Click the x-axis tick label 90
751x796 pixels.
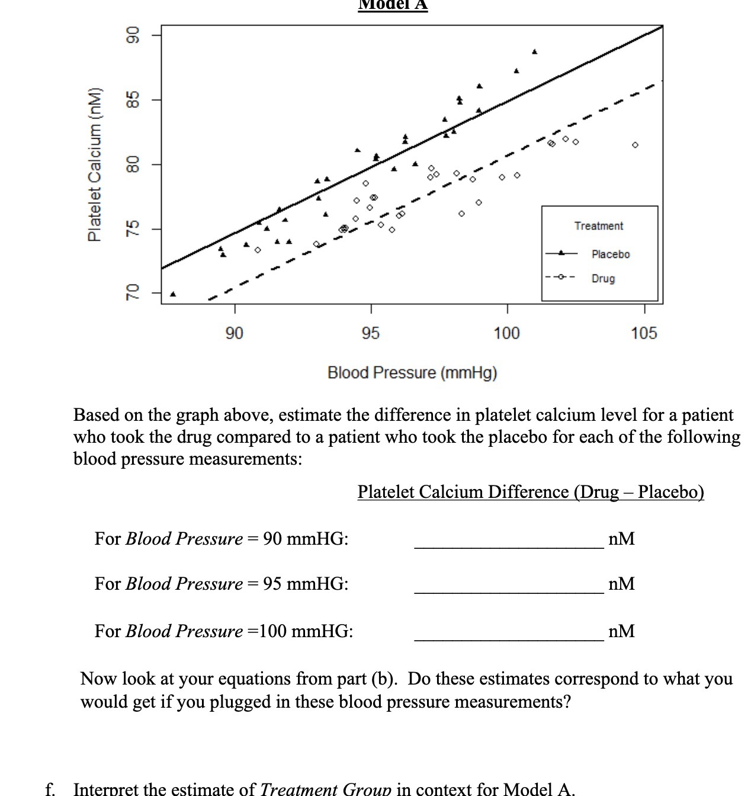pyautogui.click(x=235, y=333)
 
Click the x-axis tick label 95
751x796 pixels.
pyautogui.click(x=371, y=333)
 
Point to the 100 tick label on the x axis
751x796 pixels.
pyautogui.click(x=506, y=333)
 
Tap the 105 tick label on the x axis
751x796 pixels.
pyautogui.click(x=644, y=333)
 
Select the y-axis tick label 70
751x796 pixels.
pyautogui.click(x=134, y=292)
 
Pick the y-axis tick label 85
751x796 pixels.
pyautogui.click(x=134, y=99)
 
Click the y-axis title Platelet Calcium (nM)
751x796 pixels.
pyautogui.click(x=94, y=164)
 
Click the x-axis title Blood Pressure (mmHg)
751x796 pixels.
pyautogui.click(x=412, y=373)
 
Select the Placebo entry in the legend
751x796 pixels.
pyautogui.click(x=610, y=254)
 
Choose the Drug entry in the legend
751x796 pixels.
pyautogui.click(x=603, y=278)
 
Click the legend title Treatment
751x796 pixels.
pyautogui.click(x=598, y=226)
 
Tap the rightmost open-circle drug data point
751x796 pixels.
pyautogui.click(x=635, y=145)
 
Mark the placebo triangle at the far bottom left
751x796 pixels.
pyautogui.click(x=173, y=294)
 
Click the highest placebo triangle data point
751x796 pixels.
pyautogui.click(x=535, y=52)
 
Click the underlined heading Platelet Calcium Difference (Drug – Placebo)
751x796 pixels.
pyautogui.click(x=531, y=492)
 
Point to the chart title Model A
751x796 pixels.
pyautogui.click(x=393, y=5)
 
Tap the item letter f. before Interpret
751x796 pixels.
pyautogui.click(x=51, y=789)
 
